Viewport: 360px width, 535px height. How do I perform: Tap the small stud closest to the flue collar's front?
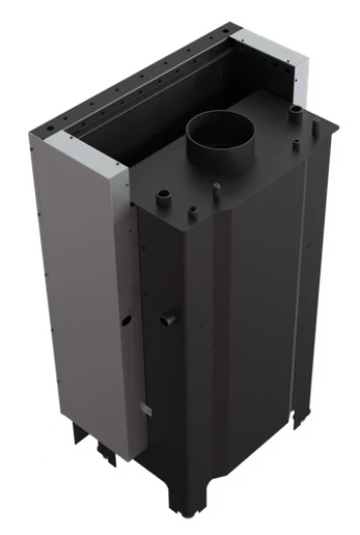click(x=216, y=187)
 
